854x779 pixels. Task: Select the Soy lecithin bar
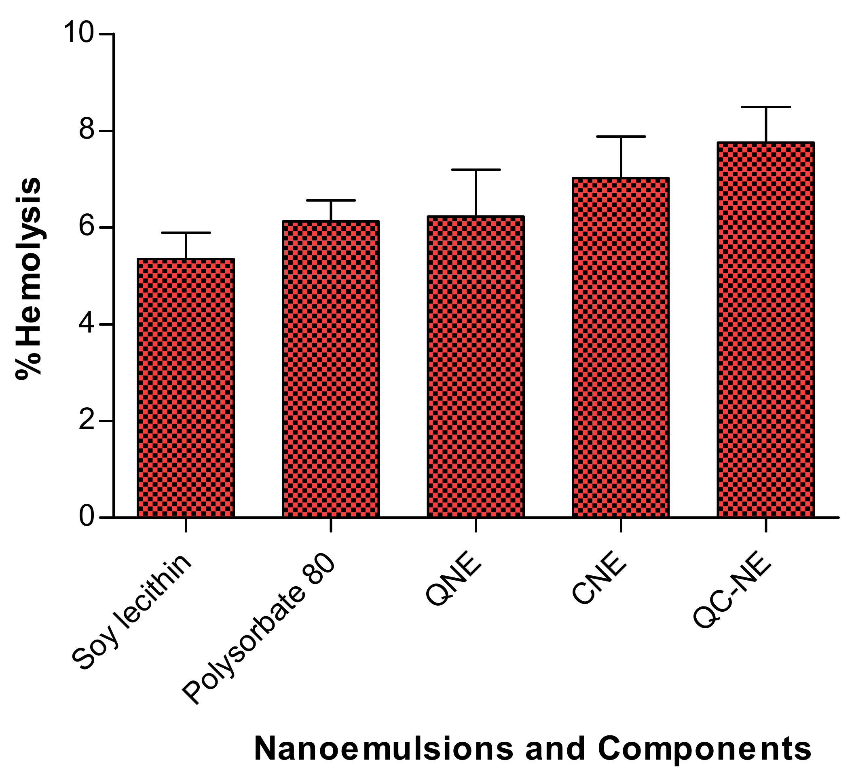tap(186, 388)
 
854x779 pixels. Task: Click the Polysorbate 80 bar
tap(331, 369)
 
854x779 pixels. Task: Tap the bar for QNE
tap(476, 366)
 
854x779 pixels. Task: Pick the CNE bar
tap(621, 347)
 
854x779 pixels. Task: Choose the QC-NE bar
tap(766, 330)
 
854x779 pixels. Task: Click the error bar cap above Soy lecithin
tap(186, 233)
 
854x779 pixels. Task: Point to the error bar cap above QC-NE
tap(766, 107)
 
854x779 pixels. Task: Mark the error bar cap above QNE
tap(476, 170)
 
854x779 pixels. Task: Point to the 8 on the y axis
tap(87, 131)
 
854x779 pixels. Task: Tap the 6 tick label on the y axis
tap(87, 227)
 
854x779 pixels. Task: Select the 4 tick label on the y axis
tap(87, 324)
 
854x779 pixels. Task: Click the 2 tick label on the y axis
tap(87, 421)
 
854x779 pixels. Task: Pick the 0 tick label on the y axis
tap(87, 517)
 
